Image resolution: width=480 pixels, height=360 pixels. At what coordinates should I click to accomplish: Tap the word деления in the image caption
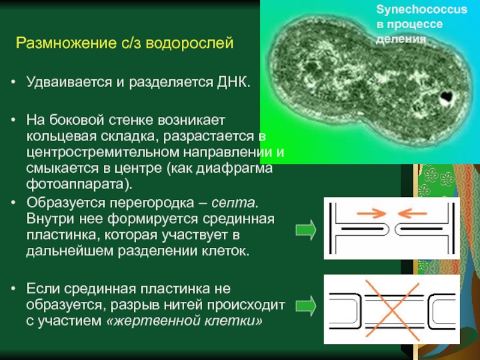401,38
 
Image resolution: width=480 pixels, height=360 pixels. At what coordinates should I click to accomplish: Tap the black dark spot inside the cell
446,96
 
